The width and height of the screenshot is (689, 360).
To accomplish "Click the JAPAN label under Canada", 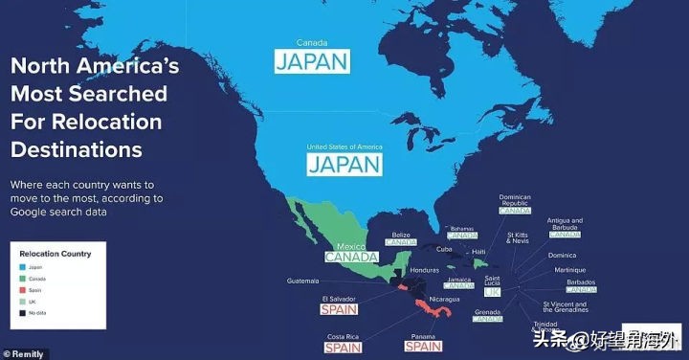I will [312, 61].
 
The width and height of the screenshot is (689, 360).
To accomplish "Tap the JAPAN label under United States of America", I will [344, 164].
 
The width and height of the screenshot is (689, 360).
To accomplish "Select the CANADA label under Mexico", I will [351, 257].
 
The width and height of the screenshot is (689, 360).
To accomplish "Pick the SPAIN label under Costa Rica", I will [344, 348].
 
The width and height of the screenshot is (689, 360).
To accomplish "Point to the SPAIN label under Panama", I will [423, 347].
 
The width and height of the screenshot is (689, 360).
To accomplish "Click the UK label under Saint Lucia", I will [493, 291].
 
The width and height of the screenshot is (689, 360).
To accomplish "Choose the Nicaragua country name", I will [443, 299].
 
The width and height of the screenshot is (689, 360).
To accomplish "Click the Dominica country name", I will [563, 256].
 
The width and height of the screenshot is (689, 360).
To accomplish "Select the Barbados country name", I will [580, 282].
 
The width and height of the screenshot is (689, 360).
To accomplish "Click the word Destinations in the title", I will [76, 150].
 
